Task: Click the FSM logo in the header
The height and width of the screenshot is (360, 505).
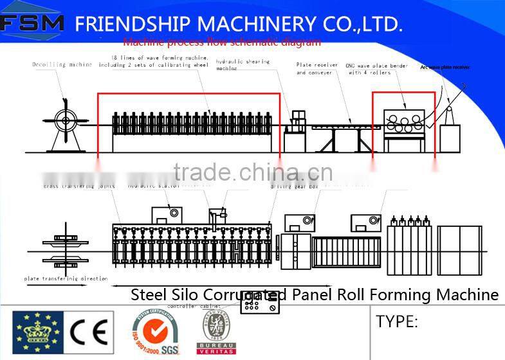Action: tap(32, 24)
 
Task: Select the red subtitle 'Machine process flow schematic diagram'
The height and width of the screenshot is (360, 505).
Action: tap(221, 43)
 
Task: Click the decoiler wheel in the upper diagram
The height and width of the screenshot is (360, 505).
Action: tap(64, 118)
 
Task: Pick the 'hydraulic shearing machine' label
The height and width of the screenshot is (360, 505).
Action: tap(243, 66)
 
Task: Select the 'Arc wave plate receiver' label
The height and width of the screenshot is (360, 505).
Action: tap(445, 67)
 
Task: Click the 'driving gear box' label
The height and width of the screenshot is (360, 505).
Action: tap(294, 186)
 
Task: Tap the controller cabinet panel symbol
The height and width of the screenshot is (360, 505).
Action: tap(260, 306)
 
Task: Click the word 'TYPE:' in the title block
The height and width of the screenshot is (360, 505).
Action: tap(397, 321)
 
